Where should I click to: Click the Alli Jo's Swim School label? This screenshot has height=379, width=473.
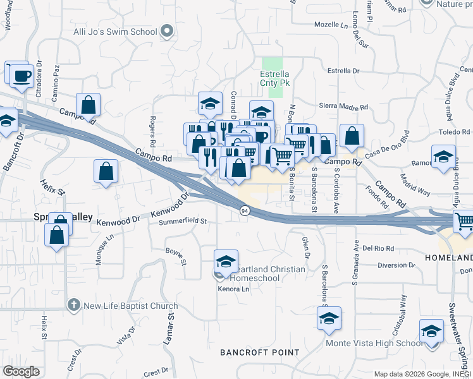click(124, 32)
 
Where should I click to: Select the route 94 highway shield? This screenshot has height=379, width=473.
click(243, 210)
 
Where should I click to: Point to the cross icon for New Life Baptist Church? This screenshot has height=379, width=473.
click(74, 306)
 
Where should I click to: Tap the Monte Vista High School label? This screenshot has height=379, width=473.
click(374, 343)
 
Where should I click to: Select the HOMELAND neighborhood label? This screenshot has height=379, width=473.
click(449, 258)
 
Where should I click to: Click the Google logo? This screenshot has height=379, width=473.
click(21, 371)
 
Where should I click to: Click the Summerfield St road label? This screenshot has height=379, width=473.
click(183, 222)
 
